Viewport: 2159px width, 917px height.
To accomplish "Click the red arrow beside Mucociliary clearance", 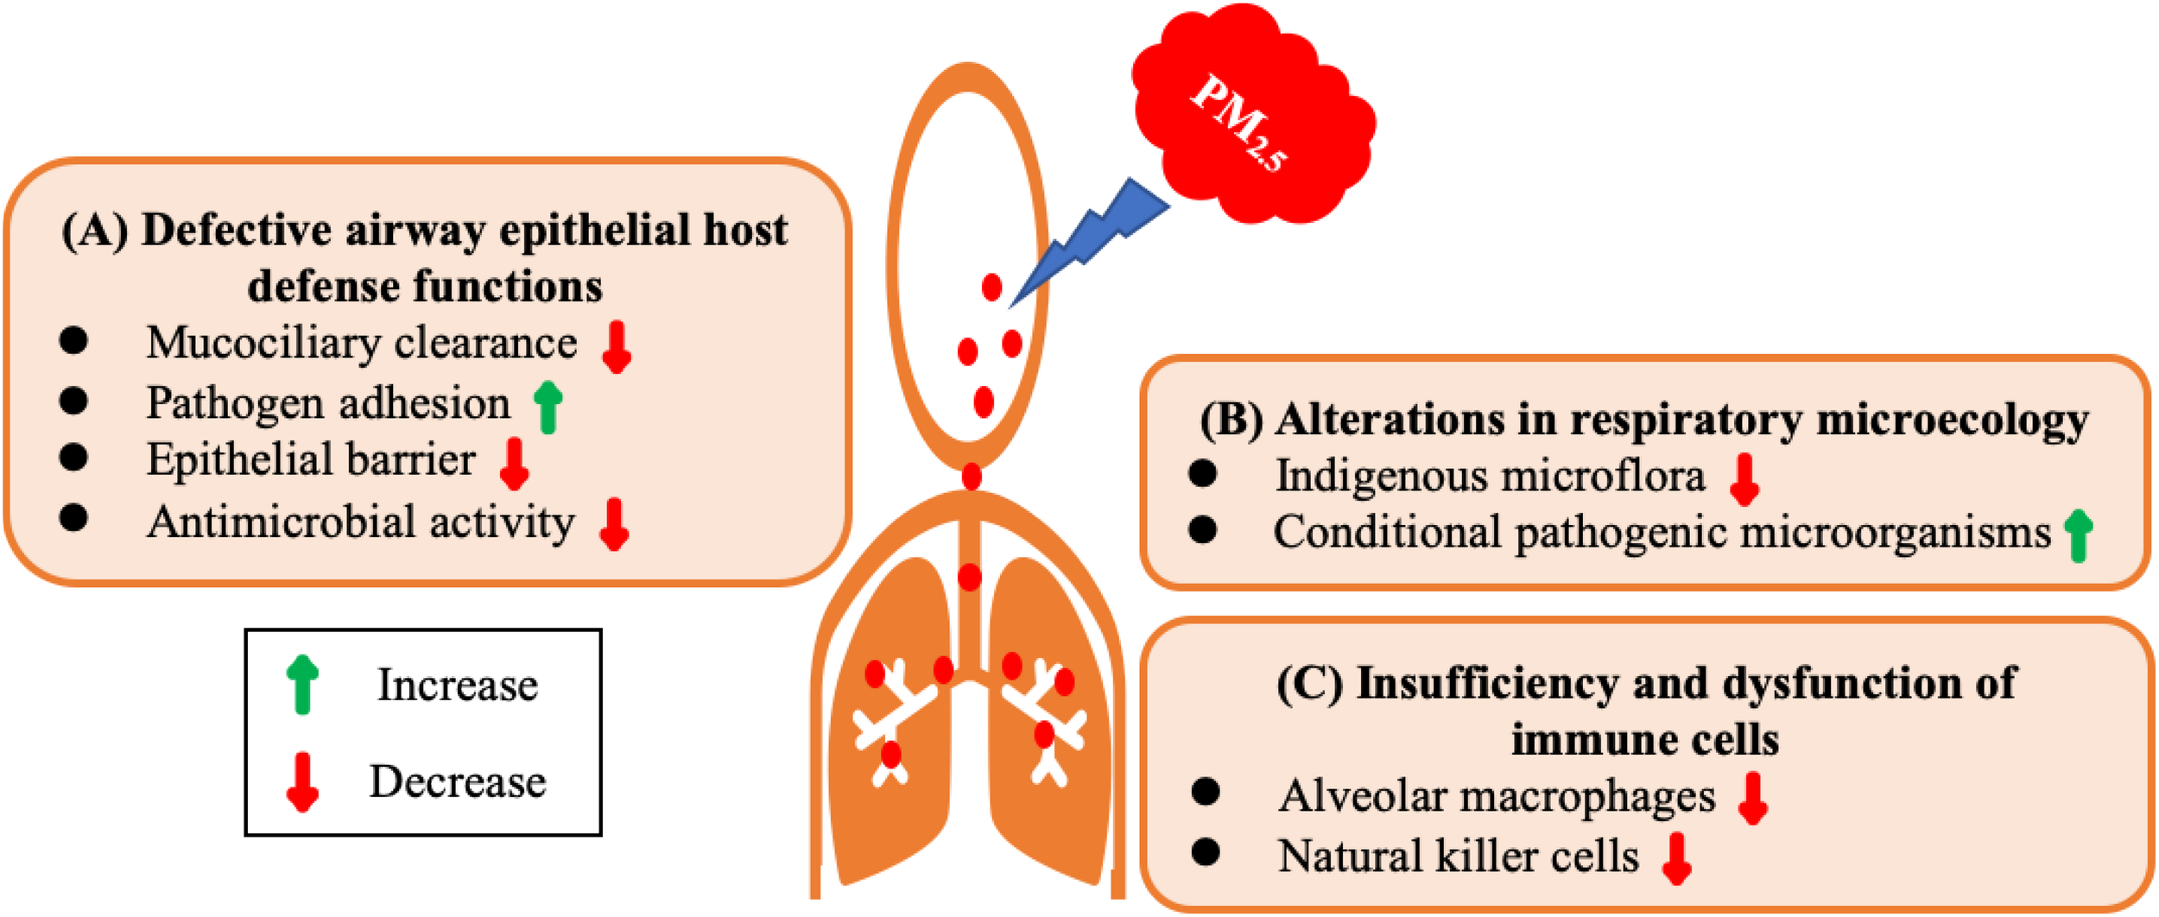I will pyautogui.click(x=616, y=346).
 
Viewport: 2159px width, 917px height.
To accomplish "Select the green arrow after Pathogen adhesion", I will pyautogui.click(x=548, y=406).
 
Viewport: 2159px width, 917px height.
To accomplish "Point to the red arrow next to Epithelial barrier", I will pyautogui.click(x=515, y=463).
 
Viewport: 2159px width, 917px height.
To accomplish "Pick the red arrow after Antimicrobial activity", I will pyautogui.click(x=614, y=523).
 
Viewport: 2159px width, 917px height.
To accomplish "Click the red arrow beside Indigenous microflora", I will pyautogui.click(x=1744, y=479).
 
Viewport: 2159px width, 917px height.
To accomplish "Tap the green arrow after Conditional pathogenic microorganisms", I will pyautogui.click(x=2078, y=535).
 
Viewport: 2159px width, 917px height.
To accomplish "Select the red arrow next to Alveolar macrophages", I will pyautogui.click(x=1753, y=798).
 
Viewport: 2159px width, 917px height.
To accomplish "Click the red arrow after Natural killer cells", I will pyautogui.click(x=1677, y=858).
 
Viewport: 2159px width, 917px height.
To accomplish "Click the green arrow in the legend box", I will pyautogui.click(x=302, y=684).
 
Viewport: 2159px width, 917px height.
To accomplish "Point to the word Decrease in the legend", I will pyautogui.click(x=458, y=781).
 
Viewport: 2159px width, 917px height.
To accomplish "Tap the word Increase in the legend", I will pyautogui.click(x=458, y=685).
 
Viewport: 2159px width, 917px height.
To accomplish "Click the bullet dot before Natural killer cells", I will pyautogui.click(x=1205, y=853).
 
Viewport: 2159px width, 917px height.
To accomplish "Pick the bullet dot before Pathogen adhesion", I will pyautogui.click(x=73, y=401).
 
